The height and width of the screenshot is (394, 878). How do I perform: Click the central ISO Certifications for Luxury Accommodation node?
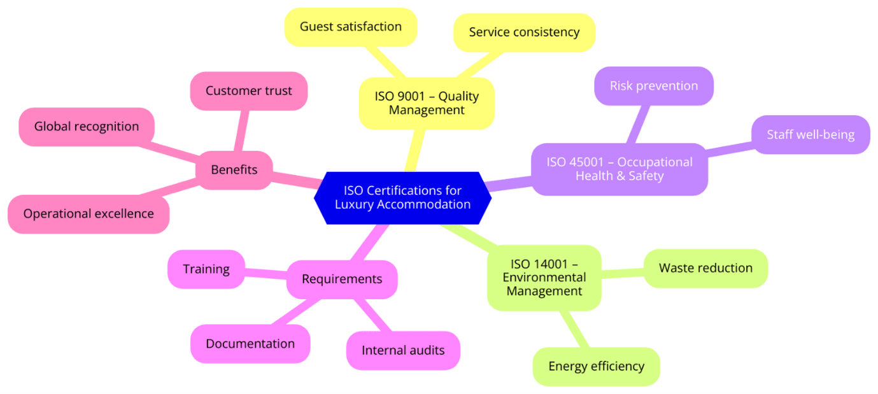point(402,197)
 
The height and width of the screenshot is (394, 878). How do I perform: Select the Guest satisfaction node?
point(350,27)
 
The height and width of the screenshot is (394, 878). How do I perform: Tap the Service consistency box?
point(524,32)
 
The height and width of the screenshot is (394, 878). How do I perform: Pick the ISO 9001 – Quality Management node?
point(427,103)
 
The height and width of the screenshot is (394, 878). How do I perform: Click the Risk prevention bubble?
point(653,86)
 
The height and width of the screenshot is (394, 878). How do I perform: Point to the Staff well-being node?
point(810,134)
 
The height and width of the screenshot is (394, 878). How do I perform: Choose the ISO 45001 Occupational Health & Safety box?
point(619,169)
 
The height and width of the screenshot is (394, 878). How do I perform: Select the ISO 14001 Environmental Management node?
point(544,278)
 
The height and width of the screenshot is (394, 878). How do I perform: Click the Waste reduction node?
point(705,268)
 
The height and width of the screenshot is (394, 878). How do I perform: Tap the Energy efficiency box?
point(596,366)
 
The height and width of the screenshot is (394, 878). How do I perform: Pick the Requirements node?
point(342,279)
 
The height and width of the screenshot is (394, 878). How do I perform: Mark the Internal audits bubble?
point(403,350)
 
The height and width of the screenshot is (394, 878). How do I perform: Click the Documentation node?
point(250,344)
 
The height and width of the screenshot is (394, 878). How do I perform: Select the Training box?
point(206,269)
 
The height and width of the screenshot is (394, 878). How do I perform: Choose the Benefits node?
point(234,169)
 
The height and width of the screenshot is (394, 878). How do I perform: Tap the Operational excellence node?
point(89,214)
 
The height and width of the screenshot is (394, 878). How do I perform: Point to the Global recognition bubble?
point(87,126)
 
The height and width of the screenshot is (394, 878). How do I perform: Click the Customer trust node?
point(248,91)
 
